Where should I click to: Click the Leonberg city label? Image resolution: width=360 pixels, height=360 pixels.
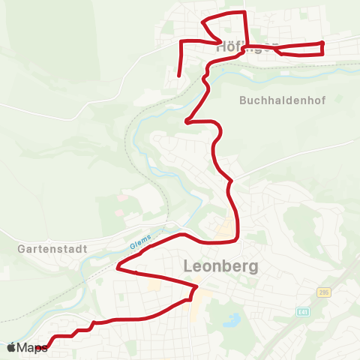tap(220, 266)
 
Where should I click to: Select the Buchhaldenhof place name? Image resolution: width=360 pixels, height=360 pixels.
tap(283, 100)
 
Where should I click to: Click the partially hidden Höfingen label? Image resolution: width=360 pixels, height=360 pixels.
tap(240, 46)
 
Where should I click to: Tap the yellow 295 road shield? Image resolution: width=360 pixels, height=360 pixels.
tap(323, 292)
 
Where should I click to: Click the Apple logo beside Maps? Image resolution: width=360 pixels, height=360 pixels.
tap(11, 347)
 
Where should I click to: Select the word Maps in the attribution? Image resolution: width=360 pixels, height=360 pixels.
tap(32, 347)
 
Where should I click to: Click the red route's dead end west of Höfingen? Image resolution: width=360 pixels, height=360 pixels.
tap(178, 76)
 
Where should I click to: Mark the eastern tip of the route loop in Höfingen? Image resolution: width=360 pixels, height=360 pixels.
tap(323, 48)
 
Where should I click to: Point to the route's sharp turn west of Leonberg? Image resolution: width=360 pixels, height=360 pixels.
tap(118, 265)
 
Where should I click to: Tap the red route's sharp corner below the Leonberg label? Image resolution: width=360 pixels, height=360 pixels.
tap(196, 286)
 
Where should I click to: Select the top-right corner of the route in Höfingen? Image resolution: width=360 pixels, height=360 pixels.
tap(244, 13)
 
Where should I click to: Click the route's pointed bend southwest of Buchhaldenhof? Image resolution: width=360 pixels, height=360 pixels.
tap(187, 120)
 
